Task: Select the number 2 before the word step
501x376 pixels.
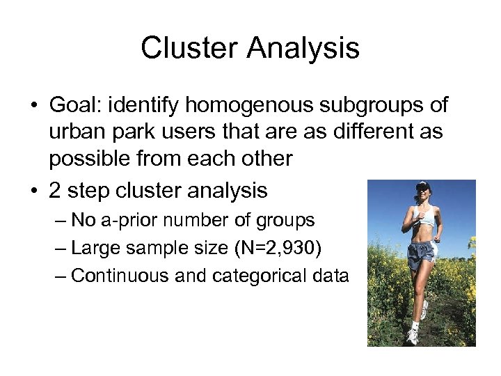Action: [x=56, y=189]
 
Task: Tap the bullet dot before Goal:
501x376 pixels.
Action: [x=33, y=107]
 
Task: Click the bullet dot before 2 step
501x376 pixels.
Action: [x=33, y=189]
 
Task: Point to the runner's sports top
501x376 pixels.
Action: [x=424, y=217]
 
